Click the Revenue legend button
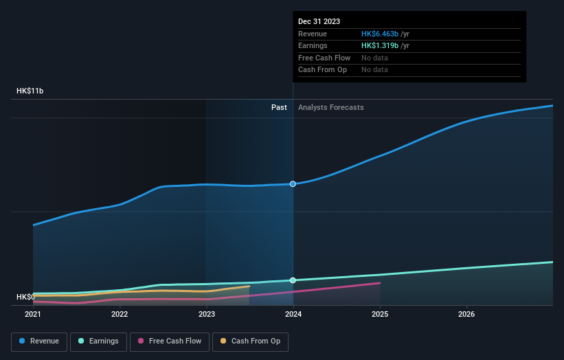tap(39, 341)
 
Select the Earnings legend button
tap(98, 341)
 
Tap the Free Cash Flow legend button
tap(169, 341)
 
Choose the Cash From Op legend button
tap(251, 341)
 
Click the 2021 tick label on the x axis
tap(33, 315)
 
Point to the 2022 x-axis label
tap(120, 315)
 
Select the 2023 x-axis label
tap(206, 315)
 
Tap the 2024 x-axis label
tap(293, 315)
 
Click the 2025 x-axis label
tap(380, 315)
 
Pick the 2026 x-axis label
tap(466, 315)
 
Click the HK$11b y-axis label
tap(30, 91)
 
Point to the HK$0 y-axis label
tap(26, 297)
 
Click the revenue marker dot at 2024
tap(293, 184)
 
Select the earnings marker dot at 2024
tap(293, 280)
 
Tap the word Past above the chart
tap(279, 107)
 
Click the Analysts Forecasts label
tap(330, 107)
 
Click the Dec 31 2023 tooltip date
tap(319, 22)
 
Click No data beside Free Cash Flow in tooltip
tap(374, 58)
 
